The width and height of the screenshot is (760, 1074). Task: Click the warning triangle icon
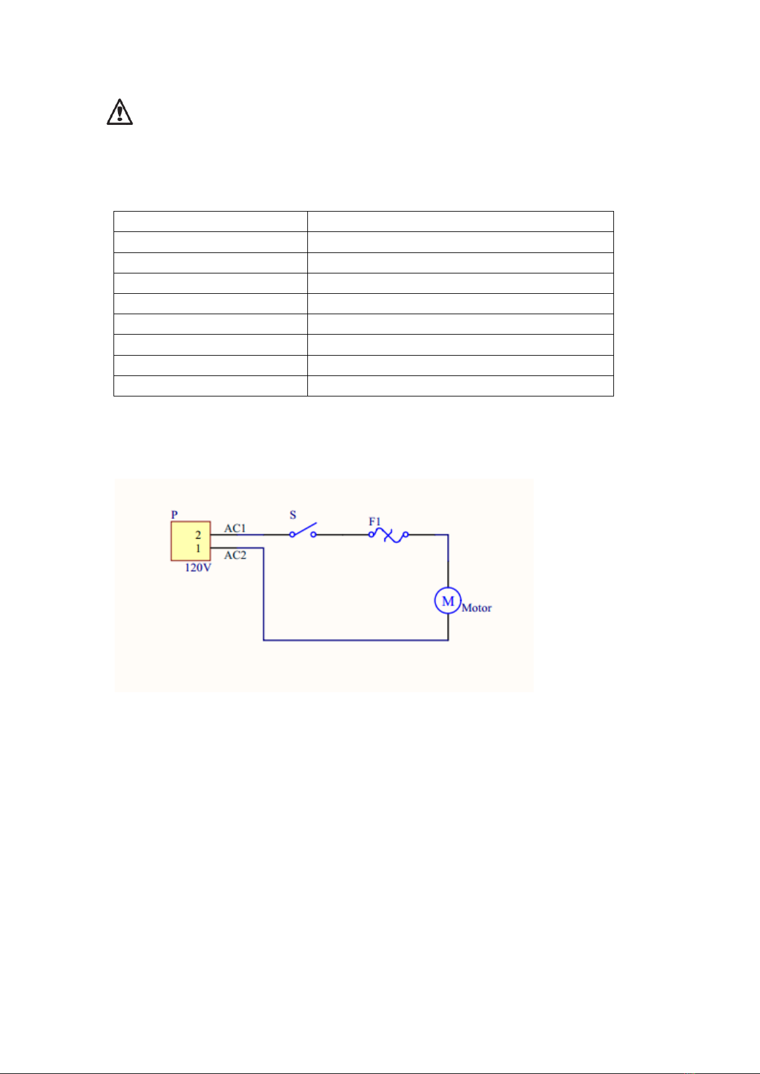pyautogui.click(x=119, y=112)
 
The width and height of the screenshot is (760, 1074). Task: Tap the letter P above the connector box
pyautogui.click(x=175, y=514)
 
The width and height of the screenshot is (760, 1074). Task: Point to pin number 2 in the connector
pyautogui.click(x=198, y=535)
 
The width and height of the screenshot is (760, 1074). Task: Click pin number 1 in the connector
pyautogui.click(x=198, y=548)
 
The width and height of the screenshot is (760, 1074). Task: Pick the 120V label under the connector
pyautogui.click(x=198, y=568)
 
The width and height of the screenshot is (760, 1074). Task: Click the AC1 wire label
pyautogui.click(x=235, y=528)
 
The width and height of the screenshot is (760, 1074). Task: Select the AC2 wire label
pyautogui.click(x=235, y=555)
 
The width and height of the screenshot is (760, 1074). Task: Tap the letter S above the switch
pyautogui.click(x=293, y=515)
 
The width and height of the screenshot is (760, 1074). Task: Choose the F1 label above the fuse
pyautogui.click(x=375, y=521)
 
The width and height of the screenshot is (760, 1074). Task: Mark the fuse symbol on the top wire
pyautogui.click(x=389, y=535)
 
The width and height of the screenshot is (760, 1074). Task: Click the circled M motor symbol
pyautogui.click(x=448, y=601)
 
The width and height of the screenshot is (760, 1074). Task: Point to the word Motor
pyautogui.click(x=476, y=608)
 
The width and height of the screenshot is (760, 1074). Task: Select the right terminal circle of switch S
pyautogui.click(x=314, y=535)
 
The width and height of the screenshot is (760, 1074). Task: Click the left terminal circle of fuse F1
pyautogui.click(x=372, y=535)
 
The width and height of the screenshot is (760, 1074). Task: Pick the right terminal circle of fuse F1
pyautogui.click(x=406, y=535)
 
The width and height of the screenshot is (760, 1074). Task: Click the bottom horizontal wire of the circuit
pyautogui.click(x=356, y=640)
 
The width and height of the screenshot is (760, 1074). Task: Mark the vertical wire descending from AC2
pyautogui.click(x=263, y=593)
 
